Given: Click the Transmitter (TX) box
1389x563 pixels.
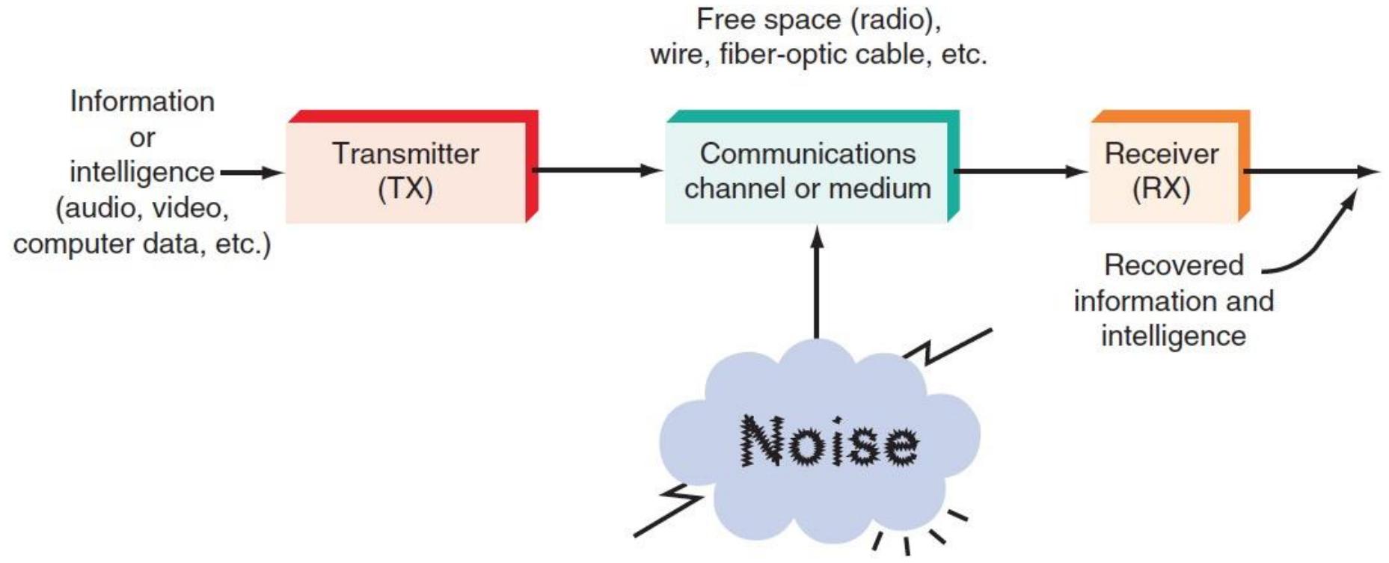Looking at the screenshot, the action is (412, 167).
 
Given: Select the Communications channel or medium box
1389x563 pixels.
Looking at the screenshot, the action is (812, 167).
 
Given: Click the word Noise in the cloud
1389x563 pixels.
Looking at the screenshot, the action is (829, 441).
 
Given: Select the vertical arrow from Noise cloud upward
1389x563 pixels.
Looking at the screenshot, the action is (817, 283).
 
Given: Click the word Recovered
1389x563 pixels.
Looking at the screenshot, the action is (1174, 265).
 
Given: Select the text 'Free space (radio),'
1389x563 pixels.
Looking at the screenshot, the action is (818, 20).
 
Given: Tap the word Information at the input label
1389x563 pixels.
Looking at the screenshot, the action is (142, 101).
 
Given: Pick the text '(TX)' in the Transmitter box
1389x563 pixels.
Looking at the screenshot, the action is (405, 188).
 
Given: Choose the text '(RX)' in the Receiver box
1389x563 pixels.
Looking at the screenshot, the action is (1161, 188).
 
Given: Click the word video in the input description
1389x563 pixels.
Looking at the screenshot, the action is (190, 208).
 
